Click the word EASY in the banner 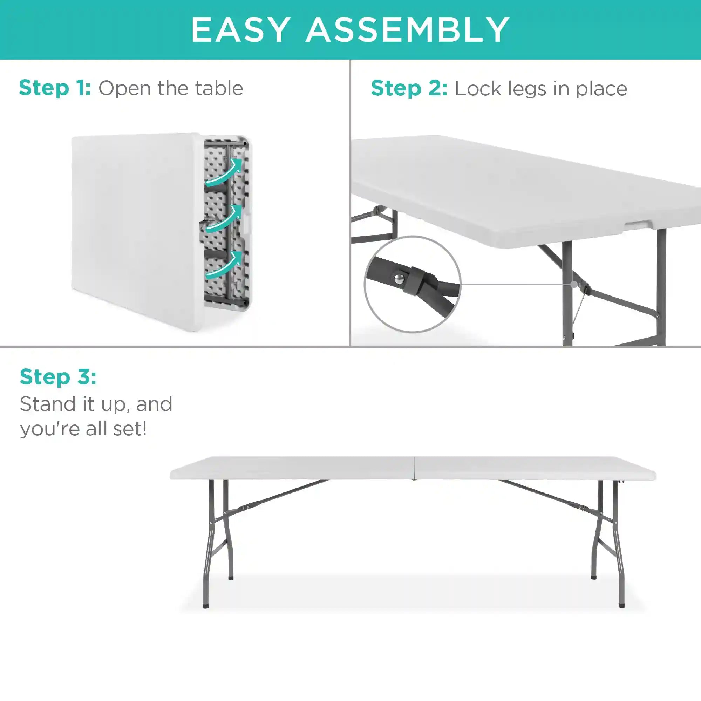(x=240, y=30)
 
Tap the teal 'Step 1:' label (x=55, y=88)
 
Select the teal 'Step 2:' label (x=409, y=89)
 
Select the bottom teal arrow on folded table (x=224, y=265)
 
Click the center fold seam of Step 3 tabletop (x=415, y=468)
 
